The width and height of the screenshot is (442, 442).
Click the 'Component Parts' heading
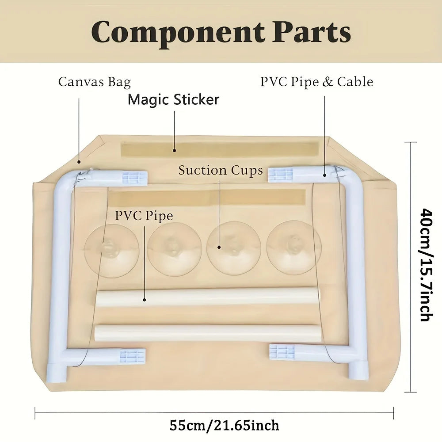coord(221,32)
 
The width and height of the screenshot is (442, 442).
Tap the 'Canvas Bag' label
coord(95,82)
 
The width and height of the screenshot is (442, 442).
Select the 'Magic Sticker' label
coord(173,99)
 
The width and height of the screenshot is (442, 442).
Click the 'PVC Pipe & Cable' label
coord(316,82)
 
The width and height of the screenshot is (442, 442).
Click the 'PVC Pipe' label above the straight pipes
coord(144,216)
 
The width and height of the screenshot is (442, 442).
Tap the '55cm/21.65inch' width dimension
coord(224,426)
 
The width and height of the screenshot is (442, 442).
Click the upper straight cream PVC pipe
coord(207,296)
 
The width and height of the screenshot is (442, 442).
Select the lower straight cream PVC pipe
coord(207,333)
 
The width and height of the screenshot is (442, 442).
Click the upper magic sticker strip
coord(220,149)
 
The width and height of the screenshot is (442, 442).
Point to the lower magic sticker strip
coord(208,198)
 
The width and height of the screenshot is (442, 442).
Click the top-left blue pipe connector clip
coord(135,178)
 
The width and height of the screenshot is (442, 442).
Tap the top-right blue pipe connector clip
coord(281,175)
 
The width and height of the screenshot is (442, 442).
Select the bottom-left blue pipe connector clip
coord(133,356)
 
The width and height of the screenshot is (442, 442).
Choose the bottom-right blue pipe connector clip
coord(282,352)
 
